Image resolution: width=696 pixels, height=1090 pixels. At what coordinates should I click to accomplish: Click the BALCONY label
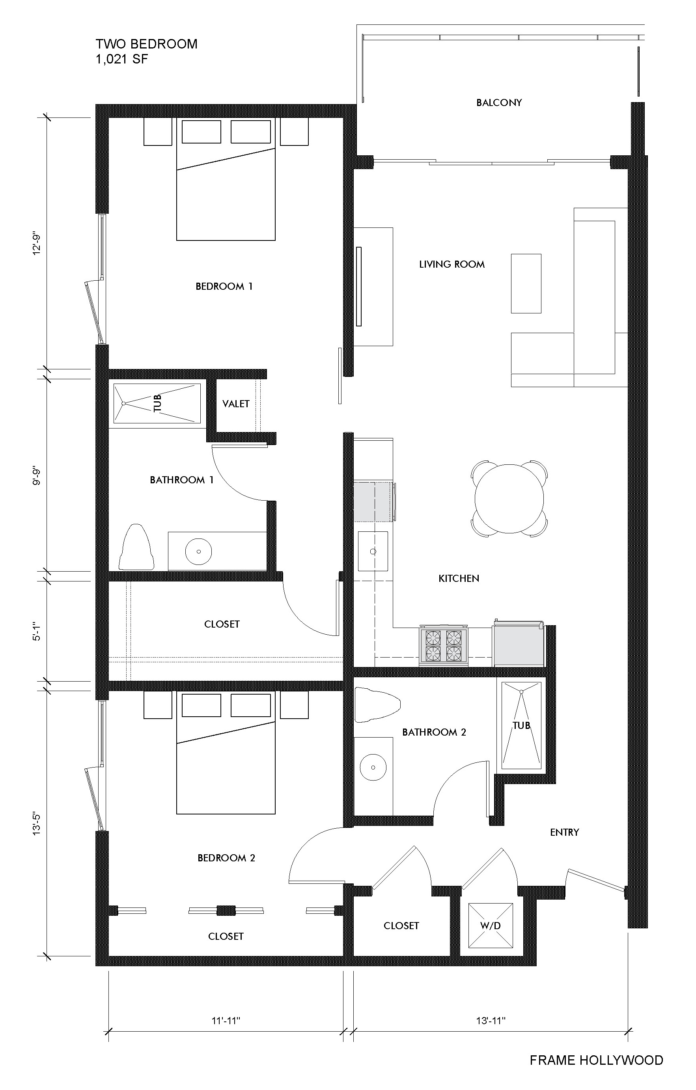tap(499, 103)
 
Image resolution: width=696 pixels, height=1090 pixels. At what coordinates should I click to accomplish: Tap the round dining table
tap(509, 498)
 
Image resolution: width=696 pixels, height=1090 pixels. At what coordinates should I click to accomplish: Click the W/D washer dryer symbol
tap(491, 925)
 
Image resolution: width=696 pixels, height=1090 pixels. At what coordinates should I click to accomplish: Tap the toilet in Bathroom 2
tap(378, 705)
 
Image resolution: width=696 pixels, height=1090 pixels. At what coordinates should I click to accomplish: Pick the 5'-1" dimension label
tap(37, 632)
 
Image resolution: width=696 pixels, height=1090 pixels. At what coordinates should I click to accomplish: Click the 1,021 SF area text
tap(122, 59)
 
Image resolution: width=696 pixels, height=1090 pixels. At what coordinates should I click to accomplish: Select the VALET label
tap(236, 404)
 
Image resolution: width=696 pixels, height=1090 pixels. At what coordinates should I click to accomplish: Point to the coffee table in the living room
tap(526, 283)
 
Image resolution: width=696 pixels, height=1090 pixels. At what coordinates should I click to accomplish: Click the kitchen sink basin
tap(373, 552)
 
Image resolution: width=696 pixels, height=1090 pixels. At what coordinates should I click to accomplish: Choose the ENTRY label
tap(564, 832)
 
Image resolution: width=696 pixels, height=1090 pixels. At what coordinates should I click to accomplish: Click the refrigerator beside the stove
tap(519, 643)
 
